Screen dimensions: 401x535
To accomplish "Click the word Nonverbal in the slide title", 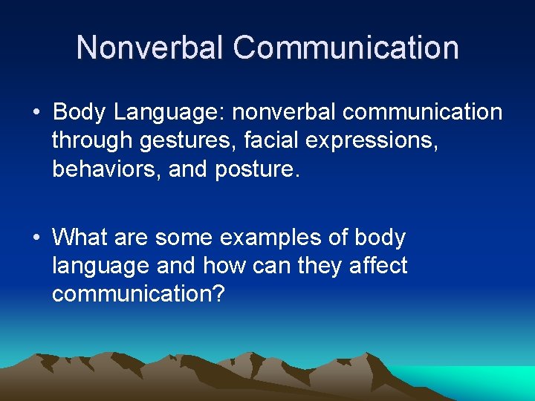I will (149, 48).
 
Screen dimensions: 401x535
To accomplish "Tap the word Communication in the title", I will (346, 48).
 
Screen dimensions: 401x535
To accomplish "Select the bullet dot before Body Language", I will (36, 113).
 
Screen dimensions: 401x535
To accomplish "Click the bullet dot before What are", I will (36, 238).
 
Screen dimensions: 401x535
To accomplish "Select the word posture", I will (255, 169).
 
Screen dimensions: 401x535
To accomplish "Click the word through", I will (93, 141).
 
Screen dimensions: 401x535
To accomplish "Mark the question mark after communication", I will (218, 294).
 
